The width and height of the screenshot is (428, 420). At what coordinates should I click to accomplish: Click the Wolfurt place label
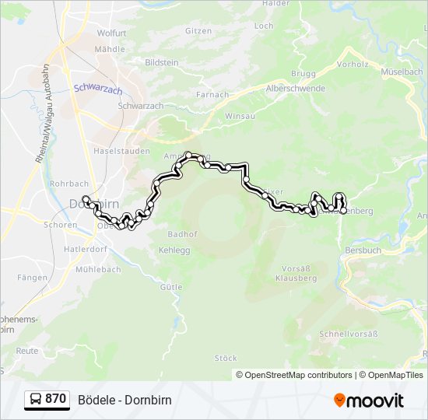pos(111,33)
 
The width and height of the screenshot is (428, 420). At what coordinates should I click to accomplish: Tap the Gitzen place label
pos(198,30)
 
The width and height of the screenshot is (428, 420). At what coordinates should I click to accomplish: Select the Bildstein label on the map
pos(162,61)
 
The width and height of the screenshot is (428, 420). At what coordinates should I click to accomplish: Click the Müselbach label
pos(402,72)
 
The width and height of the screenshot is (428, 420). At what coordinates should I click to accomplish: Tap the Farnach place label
pos(212,95)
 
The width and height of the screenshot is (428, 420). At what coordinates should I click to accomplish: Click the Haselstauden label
pos(121,150)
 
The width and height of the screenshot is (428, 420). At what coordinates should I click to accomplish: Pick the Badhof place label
pos(182,233)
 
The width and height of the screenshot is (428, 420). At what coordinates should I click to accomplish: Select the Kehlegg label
pos(174,250)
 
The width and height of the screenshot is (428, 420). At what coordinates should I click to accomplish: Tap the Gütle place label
pos(171,287)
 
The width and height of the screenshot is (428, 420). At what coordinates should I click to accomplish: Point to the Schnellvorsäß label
pos(348,334)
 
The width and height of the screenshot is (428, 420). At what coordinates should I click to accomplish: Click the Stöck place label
pos(226,358)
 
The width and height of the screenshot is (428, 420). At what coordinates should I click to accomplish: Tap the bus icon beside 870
pos(36,400)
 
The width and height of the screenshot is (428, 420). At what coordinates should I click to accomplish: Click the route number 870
pos(55,400)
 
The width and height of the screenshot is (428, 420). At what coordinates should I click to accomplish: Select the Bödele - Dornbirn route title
pos(125,400)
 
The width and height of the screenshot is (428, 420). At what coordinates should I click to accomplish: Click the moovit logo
pos(369,401)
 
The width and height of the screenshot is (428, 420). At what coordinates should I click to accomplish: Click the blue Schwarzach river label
pos(98,89)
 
